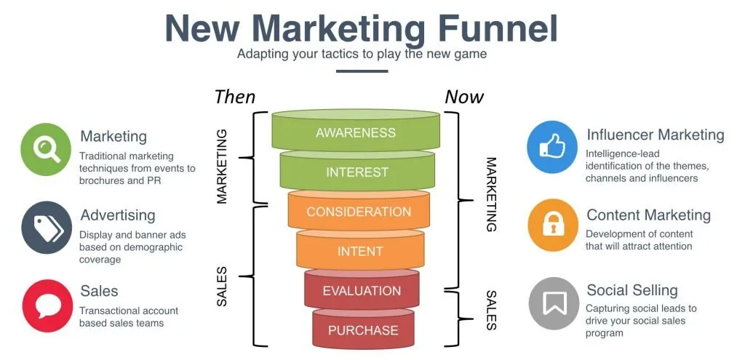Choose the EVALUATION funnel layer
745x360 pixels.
click(362, 289)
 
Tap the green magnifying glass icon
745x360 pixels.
click(46, 149)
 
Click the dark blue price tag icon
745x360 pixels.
click(47, 227)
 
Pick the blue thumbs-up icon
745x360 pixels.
click(552, 147)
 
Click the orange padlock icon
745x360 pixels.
click(553, 225)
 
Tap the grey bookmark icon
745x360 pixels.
click(554, 303)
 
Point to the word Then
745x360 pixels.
click(235, 97)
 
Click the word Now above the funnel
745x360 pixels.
click(464, 97)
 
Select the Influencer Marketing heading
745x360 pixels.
click(656, 135)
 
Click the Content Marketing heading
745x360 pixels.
click(648, 215)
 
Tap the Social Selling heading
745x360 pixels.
click(632, 289)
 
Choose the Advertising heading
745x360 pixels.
click(118, 215)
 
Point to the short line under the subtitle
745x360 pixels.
click(362, 71)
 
